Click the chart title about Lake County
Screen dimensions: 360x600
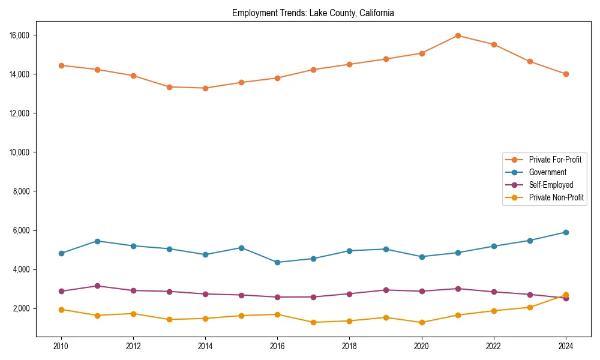313,13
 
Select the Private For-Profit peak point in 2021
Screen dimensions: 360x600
458,35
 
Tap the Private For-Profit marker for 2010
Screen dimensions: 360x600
61,65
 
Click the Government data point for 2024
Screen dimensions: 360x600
566,232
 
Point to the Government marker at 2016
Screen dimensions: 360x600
277,262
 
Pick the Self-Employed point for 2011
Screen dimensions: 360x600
97,286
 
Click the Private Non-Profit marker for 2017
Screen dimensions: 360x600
313,322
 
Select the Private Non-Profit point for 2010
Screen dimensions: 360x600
61,310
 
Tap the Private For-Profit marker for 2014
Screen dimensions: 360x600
205,88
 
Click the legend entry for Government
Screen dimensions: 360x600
547,172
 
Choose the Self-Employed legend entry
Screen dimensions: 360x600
551,185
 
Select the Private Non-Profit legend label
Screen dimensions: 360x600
556,197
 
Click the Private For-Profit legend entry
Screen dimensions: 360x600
555,160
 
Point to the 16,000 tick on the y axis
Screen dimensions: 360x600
21,35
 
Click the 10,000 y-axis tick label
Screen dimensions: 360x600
21,152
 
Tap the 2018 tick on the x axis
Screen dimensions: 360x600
349,346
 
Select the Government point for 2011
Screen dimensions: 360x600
97,241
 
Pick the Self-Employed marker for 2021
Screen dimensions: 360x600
458,289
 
